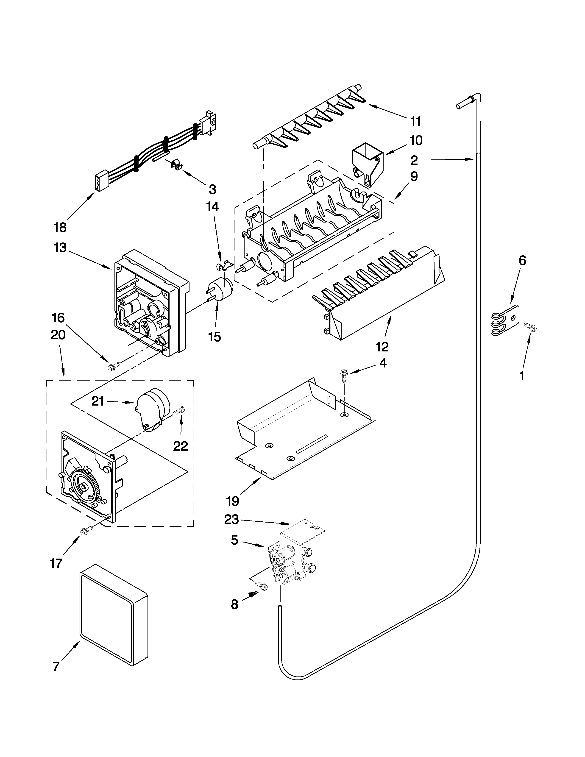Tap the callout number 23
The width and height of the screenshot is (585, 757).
[x=231, y=529]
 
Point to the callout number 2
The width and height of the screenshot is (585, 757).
[x=414, y=161]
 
